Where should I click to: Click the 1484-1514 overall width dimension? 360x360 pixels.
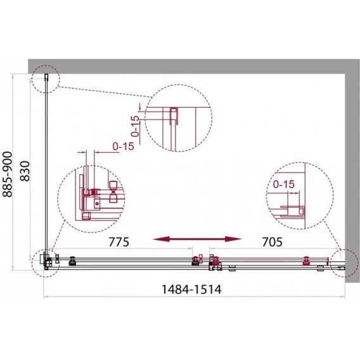[191, 289]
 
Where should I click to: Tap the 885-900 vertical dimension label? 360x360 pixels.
[7, 174]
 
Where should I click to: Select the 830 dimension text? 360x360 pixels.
[25, 171]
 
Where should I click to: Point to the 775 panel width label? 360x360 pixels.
[119, 241]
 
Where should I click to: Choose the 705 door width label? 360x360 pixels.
[272, 241]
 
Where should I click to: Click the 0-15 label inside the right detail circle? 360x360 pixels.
[284, 184]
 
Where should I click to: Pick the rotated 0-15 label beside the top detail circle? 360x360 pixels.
[136, 126]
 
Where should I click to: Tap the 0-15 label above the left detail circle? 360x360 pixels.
[124, 146]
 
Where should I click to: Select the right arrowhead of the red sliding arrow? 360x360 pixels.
[233, 239]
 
